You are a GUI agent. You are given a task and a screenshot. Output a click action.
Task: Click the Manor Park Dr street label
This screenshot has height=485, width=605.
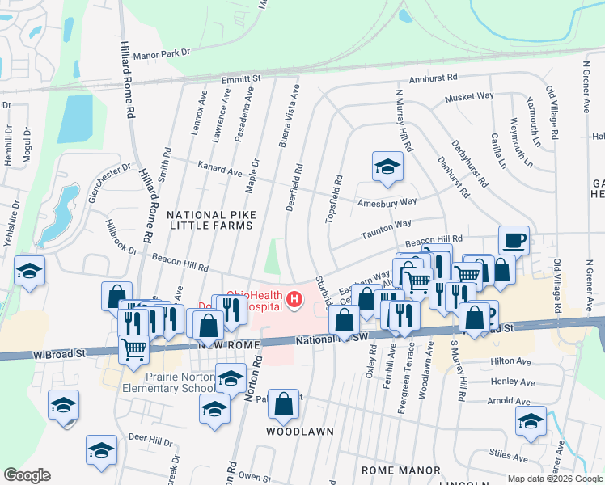point(161,53)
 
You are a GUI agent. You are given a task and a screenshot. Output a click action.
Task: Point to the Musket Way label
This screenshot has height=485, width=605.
point(469,96)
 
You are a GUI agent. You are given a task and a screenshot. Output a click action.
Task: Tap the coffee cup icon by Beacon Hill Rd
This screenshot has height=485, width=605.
point(514,240)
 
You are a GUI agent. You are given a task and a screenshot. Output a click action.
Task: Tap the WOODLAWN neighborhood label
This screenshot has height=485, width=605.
point(300,432)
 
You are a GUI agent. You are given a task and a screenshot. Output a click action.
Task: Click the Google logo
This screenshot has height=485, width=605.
point(27,475)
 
